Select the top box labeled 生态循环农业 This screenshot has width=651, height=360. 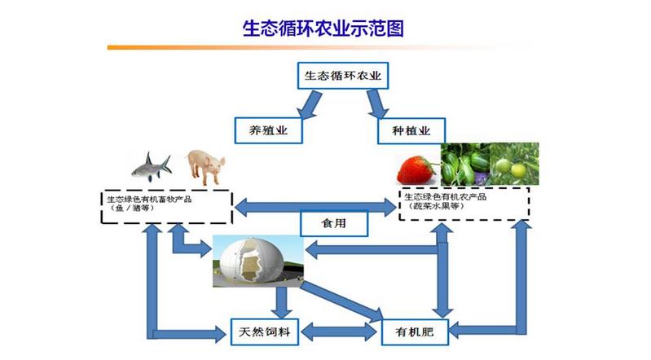(342, 77)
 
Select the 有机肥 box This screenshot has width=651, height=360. (416, 331)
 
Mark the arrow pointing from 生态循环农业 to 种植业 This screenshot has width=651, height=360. (377, 103)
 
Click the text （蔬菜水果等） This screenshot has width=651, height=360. (433, 209)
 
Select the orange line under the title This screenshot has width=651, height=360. (325, 47)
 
